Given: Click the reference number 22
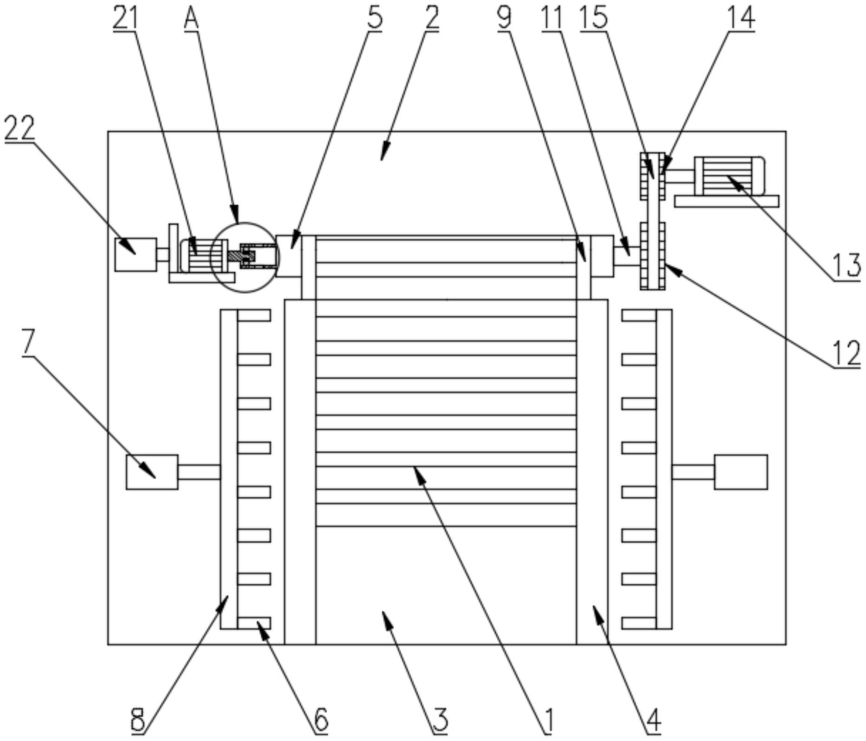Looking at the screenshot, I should pyautogui.click(x=20, y=128).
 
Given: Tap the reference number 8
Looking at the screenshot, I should pyautogui.click(x=138, y=721).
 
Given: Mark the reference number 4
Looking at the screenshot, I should pyautogui.click(x=653, y=721).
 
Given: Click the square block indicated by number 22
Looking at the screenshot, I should pyautogui.click(x=135, y=254).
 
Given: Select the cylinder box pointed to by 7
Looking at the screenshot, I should pyautogui.click(x=152, y=472).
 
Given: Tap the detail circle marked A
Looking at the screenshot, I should pyautogui.click(x=245, y=257).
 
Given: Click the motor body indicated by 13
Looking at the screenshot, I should pyautogui.click(x=728, y=176).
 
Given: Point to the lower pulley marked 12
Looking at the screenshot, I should pyautogui.click(x=652, y=256).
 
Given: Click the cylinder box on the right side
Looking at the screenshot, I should pyautogui.click(x=741, y=472).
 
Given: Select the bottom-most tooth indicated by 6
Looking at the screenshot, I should pyautogui.click(x=254, y=623).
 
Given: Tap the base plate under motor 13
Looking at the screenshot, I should pyautogui.click(x=726, y=201).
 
